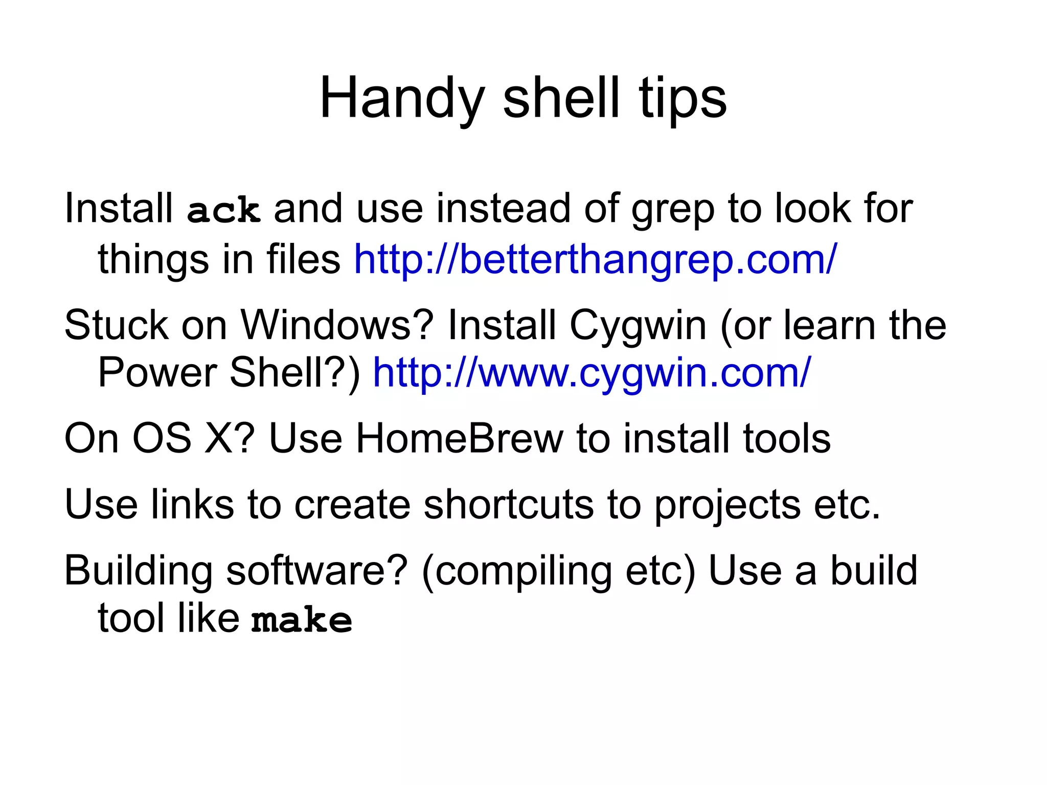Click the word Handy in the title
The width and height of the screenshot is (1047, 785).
tap(402, 98)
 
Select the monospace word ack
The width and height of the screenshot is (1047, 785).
tap(224, 210)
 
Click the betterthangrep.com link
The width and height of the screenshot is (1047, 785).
tap(596, 259)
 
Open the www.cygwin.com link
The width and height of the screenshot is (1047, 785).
tap(592, 373)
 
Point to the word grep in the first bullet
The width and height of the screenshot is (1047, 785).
tap(673, 209)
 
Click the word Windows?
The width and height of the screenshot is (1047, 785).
tap(337, 325)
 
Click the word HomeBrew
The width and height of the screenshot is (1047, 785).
tap(459, 438)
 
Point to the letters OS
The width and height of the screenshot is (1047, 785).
tap(162, 438)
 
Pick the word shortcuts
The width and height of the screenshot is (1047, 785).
tap(509, 505)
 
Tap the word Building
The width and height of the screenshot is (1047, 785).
tap(138, 571)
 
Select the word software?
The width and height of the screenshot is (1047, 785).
tap(317, 571)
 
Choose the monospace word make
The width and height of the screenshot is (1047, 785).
tap(302, 620)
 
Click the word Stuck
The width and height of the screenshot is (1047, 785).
tap(117, 325)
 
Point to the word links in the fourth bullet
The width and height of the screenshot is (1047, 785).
tap(192, 505)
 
